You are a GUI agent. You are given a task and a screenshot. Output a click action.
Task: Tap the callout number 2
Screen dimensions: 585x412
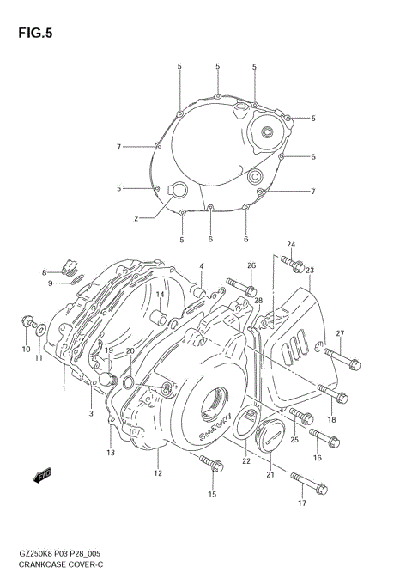[x=136, y=218]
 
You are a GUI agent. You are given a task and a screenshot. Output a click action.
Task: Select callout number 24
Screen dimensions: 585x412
[x=291, y=246]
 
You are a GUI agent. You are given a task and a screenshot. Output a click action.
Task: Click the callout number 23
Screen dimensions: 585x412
[x=309, y=270]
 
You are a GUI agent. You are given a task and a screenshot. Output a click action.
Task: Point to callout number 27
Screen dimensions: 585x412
[x=340, y=334]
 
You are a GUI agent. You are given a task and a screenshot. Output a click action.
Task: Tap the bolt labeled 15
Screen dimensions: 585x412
[x=210, y=464]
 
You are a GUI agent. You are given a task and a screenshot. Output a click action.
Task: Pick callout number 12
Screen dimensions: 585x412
[x=158, y=472]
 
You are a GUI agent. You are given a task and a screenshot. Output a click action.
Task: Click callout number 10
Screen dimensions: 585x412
[x=26, y=350]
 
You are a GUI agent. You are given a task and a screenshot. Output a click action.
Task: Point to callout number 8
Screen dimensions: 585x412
[x=44, y=272]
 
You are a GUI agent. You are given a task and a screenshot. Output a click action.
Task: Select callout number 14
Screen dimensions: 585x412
[x=160, y=295]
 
